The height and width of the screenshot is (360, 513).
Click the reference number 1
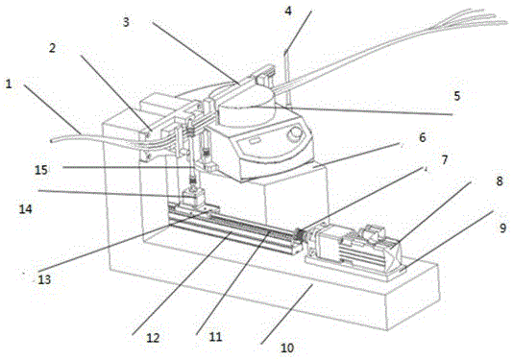point(9,84)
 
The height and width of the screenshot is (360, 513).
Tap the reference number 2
point(52,48)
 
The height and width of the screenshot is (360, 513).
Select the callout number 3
point(126,22)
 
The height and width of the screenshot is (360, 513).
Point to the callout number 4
point(288,11)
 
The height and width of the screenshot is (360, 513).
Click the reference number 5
point(457,96)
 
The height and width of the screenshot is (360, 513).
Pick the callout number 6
point(423,137)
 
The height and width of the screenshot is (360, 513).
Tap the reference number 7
point(444,160)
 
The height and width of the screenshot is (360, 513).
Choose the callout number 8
point(500,180)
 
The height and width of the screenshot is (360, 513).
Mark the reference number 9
point(503,228)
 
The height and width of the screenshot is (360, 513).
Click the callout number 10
point(287,348)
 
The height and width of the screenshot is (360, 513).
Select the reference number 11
point(215,337)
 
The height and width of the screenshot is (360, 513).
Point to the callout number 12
point(153,338)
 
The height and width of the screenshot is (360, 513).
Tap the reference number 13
point(44,279)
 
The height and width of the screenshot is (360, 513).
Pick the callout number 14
point(26,208)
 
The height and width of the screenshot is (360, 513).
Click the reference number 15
point(41,170)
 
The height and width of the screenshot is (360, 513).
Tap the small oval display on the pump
point(254,141)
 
